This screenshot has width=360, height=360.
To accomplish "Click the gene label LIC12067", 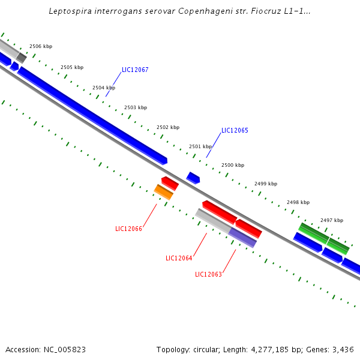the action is point(135,70).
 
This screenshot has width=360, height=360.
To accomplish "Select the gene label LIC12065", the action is point(235,130).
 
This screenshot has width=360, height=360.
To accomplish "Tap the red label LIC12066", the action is point(128,229).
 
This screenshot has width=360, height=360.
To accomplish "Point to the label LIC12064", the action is point(179,258).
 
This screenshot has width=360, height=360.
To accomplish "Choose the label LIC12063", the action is point(208,274).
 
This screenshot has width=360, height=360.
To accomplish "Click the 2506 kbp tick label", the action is point(41,46).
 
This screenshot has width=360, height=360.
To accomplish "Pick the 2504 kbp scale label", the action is point(104,88).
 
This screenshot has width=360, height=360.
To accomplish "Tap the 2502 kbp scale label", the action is point(168,127).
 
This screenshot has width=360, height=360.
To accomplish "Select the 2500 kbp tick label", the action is point(233,165).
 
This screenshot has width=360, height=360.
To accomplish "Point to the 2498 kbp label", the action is point(298,202).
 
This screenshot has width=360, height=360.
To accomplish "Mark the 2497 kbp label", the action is point(332,220).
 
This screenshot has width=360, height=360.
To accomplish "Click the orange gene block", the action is point(164,192).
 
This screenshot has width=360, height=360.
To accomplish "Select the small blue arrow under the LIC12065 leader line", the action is point(193,178).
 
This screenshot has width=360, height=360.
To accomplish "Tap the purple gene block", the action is point(243,237).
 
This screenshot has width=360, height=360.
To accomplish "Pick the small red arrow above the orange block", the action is point(170,182).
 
